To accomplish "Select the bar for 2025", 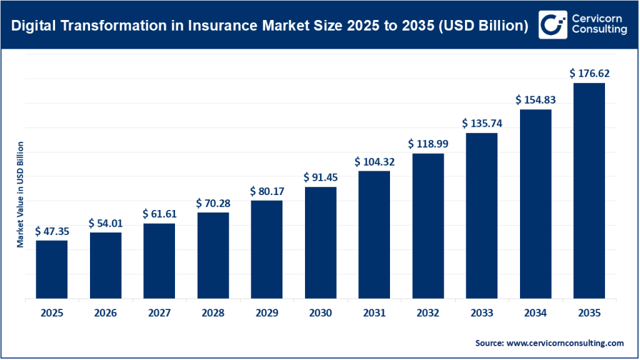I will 51,269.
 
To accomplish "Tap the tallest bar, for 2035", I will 589,191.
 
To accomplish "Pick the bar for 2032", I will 427,226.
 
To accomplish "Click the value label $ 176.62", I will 589,73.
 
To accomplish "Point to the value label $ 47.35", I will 51,231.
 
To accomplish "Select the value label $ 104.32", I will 374,161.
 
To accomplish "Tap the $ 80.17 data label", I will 267,191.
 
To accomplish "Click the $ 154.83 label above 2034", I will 536,100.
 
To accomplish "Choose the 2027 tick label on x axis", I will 159,312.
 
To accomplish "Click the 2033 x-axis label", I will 481,312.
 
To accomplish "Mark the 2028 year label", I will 212,312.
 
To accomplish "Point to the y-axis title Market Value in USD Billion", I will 21,194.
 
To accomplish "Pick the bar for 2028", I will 212,256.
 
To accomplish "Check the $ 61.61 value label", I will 159,214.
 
